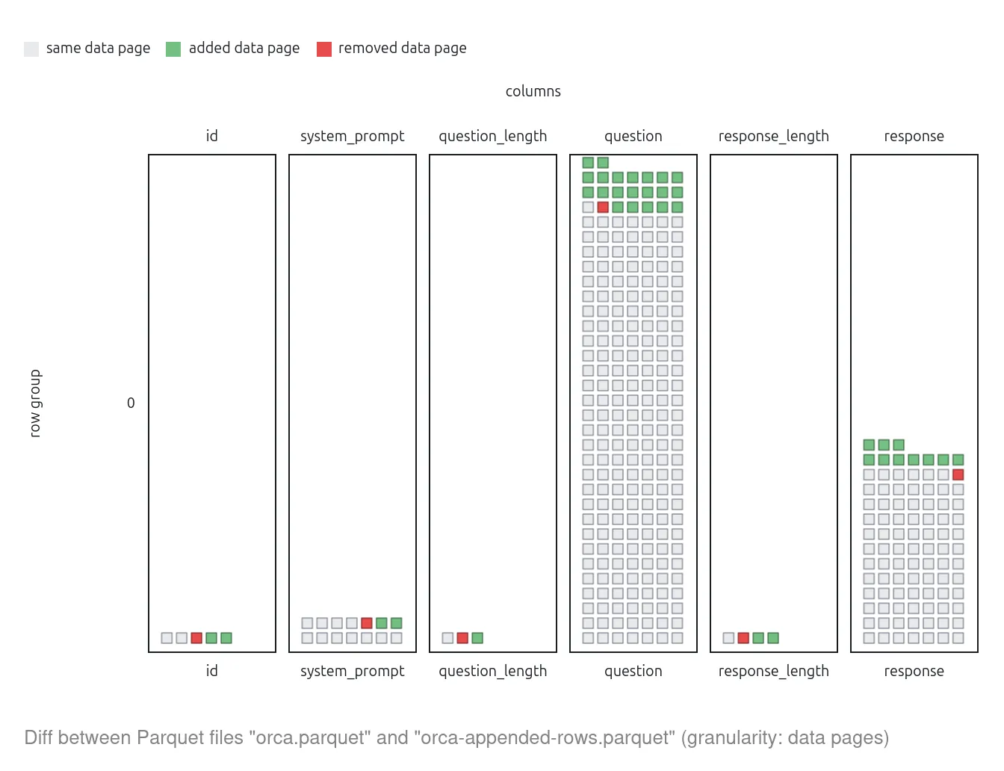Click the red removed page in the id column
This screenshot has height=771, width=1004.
click(x=196, y=638)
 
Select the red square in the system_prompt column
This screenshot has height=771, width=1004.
click(x=367, y=623)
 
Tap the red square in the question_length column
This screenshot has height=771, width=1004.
click(x=462, y=638)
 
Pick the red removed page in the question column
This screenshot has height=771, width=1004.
click(x=603, y=207)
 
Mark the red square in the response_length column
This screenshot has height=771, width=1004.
click(x=743, y=638)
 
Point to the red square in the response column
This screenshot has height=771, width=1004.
click(x=958, y=474)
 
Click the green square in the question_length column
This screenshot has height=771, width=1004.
click(x=477, y=638)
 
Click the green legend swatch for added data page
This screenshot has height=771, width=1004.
click(x=173, y=49)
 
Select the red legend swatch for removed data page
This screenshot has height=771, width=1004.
click(x=324, y=49)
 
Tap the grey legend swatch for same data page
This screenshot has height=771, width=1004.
click(x=31, y=49)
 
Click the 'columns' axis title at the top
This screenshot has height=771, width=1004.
click(x=533, y=91)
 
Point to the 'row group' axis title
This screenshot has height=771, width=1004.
click(x=35, y=403)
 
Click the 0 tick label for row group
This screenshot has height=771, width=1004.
click(x=131, y=403)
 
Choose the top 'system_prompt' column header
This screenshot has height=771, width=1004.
click(x=352, y=136)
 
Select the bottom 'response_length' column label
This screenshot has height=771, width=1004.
click(x=773, y=671)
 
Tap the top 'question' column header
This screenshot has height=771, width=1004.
click(x=633, y=136)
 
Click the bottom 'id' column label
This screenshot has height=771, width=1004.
click(x=211, y=671)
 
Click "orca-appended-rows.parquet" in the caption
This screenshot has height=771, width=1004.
click(x=545, y=738)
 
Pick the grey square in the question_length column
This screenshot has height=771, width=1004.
click(x=447, y=638)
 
